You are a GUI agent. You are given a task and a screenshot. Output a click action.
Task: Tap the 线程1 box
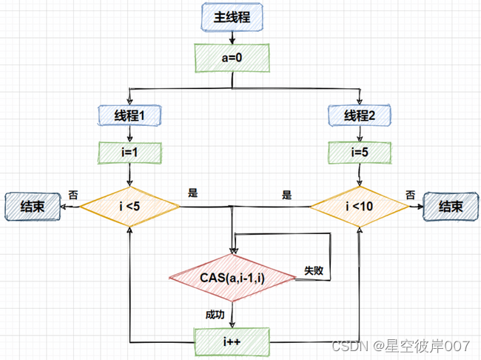point(130,115)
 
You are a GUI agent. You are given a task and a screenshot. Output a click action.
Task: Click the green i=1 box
point(130,153)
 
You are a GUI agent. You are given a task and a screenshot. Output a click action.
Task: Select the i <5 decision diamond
point(129,206)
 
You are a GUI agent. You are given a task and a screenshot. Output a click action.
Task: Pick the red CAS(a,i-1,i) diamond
point(233,278)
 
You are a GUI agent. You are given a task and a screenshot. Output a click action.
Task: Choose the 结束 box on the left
point(32,207)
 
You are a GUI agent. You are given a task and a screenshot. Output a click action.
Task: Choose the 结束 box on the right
point(451,207)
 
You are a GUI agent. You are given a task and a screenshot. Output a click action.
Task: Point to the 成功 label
point(215,314)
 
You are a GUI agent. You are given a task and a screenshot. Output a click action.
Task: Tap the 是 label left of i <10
point(287,195)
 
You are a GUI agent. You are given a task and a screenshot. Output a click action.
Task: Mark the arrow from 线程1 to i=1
point(130,133)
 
